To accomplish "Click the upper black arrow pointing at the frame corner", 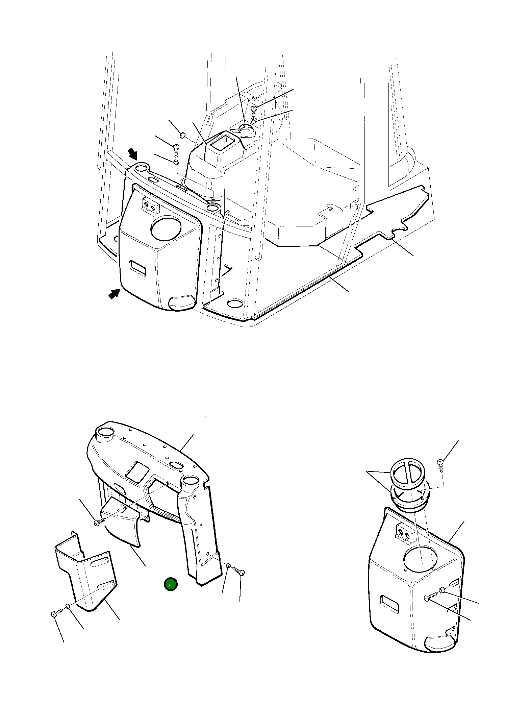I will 133,154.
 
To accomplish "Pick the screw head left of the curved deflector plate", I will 97,523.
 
